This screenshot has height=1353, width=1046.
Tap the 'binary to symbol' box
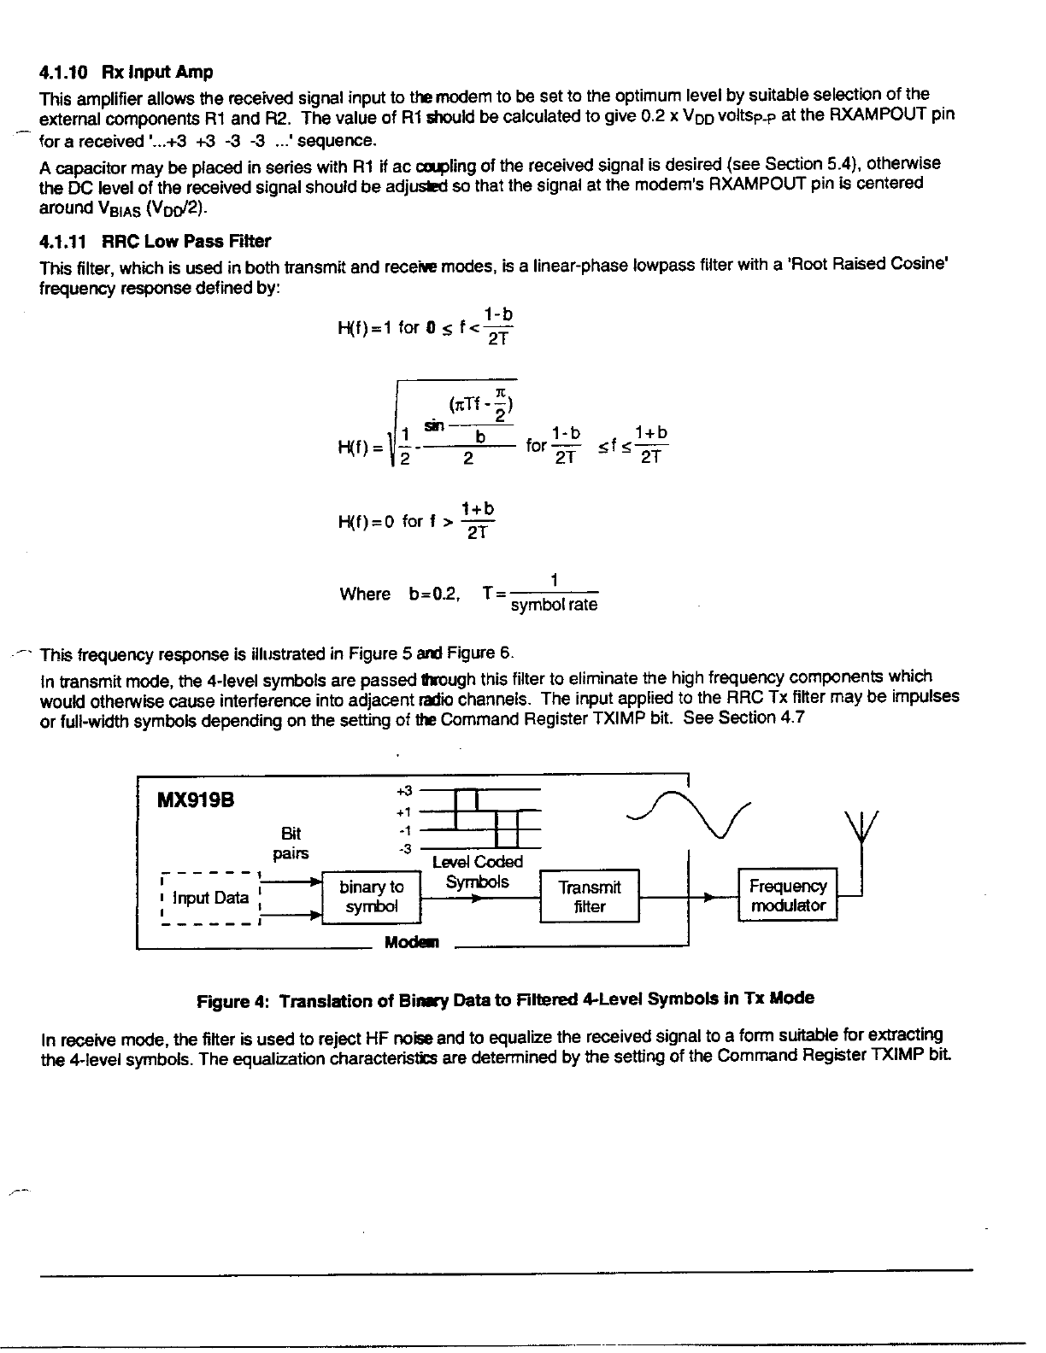coord(372,897)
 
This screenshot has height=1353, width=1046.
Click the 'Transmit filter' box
coord(589,897)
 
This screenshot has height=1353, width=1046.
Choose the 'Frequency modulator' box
coord(788,896)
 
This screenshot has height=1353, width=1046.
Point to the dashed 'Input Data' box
coord(210,898)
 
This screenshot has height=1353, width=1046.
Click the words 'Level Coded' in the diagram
coord(477,862)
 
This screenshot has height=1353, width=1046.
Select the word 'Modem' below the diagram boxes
coord(411,943)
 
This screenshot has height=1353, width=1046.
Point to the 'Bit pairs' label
coord(291,843)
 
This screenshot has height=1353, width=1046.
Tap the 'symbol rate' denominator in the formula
coord(554,606)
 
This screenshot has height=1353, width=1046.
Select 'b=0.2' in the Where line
coord(436,594)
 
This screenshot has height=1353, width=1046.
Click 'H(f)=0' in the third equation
coord(365,522)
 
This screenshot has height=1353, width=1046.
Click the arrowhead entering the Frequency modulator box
coord(708,897)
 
